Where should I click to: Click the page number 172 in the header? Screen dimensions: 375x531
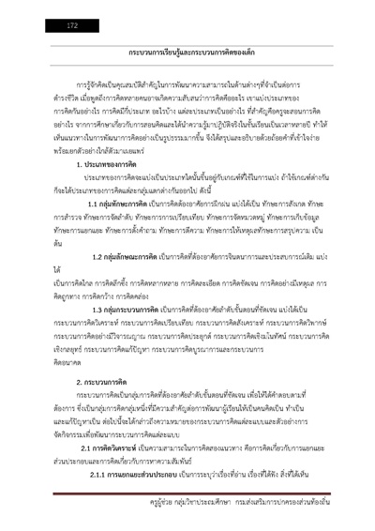72,26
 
